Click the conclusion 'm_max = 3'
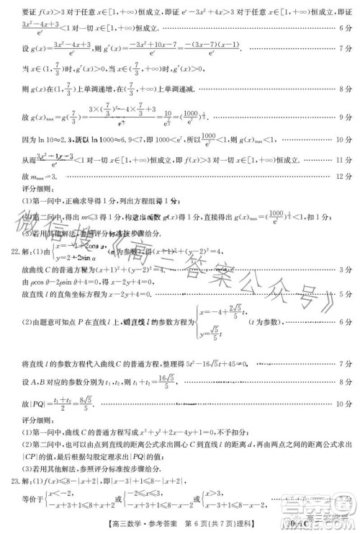point(46,175)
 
